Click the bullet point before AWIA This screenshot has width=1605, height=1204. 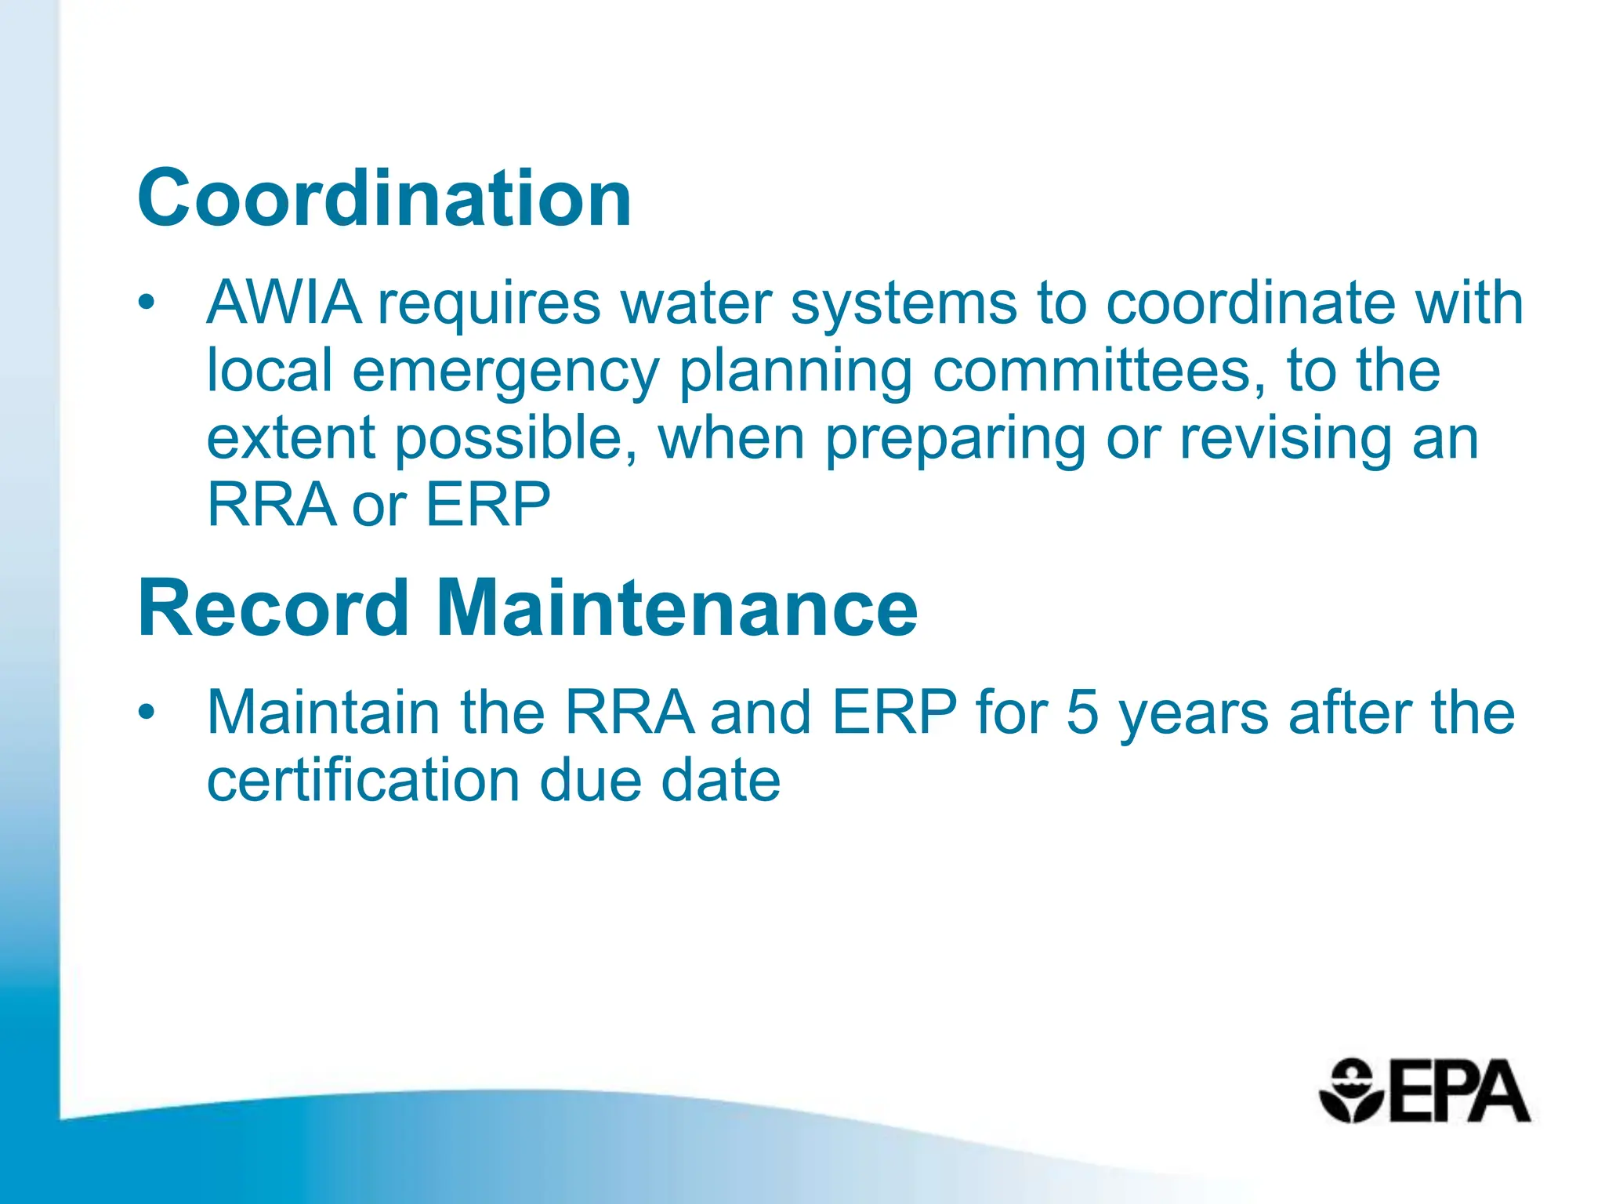pyautogui.click(x=147, y=303)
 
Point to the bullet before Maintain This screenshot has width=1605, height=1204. pyautogui.click(x=147, y=713)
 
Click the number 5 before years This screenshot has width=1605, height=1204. pyautogui.click(x=1082, y=713)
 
